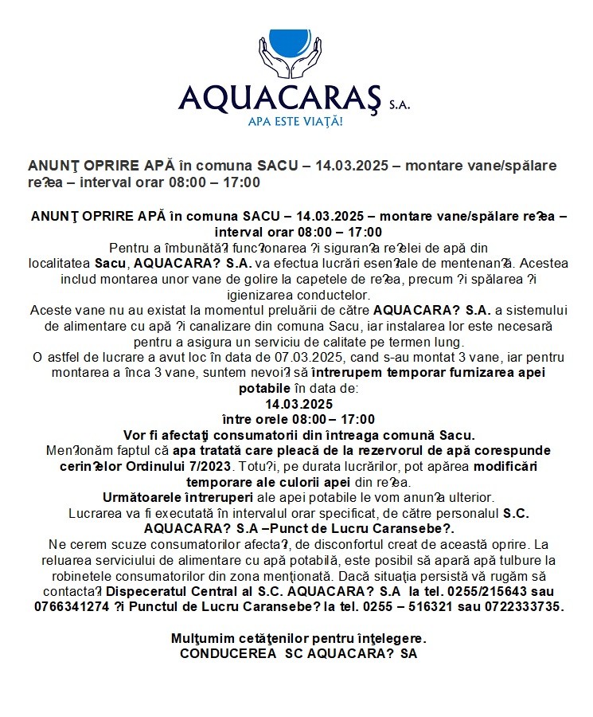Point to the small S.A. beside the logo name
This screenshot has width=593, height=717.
coord(400,104)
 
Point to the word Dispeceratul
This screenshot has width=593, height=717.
coord(147,591)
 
